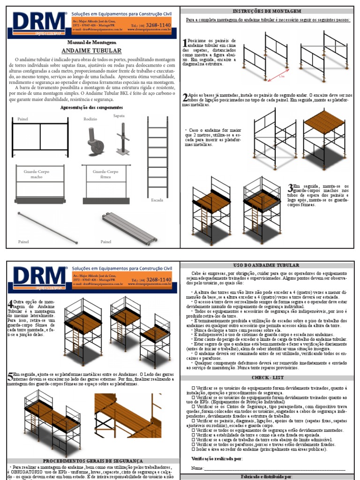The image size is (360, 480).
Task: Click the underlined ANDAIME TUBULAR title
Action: pyautogui.click(x=91, y=50)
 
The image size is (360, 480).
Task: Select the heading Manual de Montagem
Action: pyautogui.click(x=91, y=42)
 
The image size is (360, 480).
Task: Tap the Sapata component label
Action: pyautogui.click(x=119, y=115)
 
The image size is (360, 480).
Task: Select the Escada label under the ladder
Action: pyautogui.click(x=157, y=200)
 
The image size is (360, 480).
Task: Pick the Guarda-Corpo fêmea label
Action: pyautogui.click(x=105, y=174)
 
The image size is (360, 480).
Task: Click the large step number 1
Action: pyautogui.click(x=185, y=44)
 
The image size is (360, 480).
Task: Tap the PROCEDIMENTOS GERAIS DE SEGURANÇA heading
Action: pyautogui.click(x=92, y=461)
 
